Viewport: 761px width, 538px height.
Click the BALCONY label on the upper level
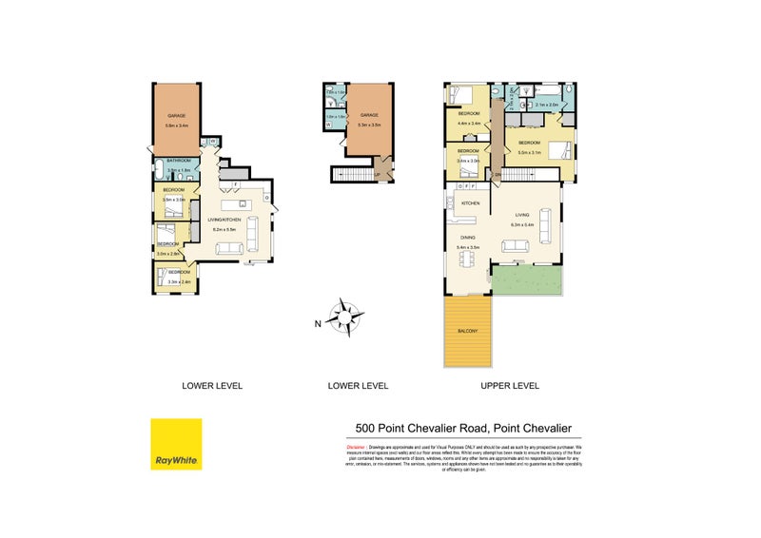click(x=468, y=331)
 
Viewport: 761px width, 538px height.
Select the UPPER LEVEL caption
click(x=509, y=386)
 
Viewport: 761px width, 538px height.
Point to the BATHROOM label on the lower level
click(x=179, y=162)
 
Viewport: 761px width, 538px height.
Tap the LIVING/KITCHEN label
click(x=225, y=221)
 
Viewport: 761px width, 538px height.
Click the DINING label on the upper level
click(x=468, y=238)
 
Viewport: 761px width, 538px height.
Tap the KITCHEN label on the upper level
click(x=470, y=204)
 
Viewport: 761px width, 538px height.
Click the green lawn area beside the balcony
click(x=529, y=279)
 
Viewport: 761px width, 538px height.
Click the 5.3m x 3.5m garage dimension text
click(x=369, y=125)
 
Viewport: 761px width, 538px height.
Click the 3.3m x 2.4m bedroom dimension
click(x=180, y=281)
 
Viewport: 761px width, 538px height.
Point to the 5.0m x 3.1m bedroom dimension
click(x=531, y=152)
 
